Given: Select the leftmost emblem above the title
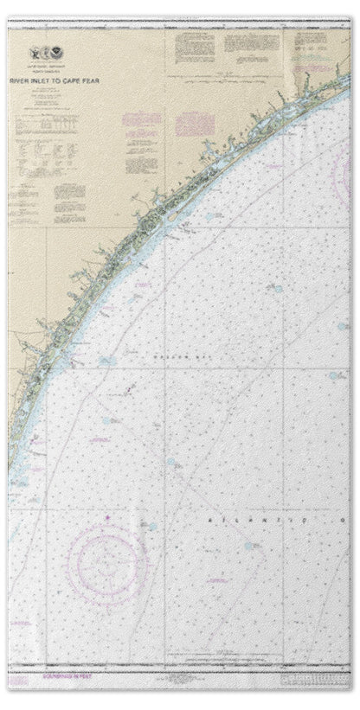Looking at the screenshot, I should (34, 52).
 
